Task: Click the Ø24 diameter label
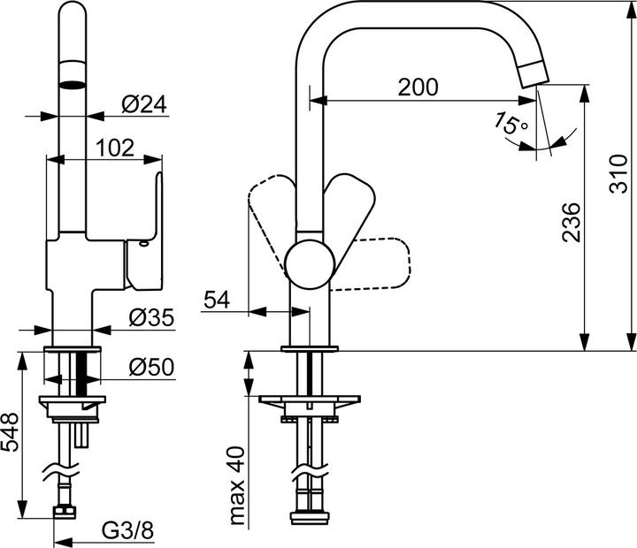(x=144, y=104)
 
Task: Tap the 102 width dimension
(x=115, y=148)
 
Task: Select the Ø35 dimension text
(x=151, y=317)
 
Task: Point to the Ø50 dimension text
(x=151, y=367)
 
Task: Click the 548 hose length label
(x=10, y=432)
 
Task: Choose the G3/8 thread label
(x=127, y=530)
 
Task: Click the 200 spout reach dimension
(x=418, y=87)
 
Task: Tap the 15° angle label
(x=510, y=123)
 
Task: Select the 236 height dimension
(x=571, y=223)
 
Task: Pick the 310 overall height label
(x=618, y=174)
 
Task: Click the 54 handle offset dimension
(x=217, y=300)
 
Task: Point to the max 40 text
(x=237, y=486)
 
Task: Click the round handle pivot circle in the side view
(x=310, y=264)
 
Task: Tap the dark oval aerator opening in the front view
(x=73, y=85)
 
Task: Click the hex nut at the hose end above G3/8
(x=65, y=512)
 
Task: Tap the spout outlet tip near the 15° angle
(x=534, y=76)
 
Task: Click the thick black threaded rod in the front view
(x=81, y=374)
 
